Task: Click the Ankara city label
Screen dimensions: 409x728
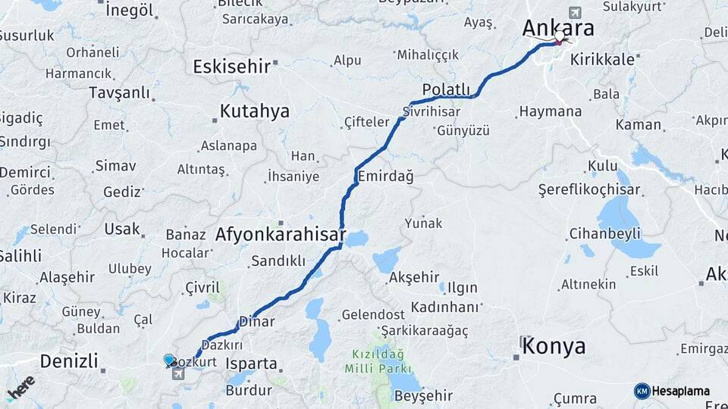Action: [557, 27]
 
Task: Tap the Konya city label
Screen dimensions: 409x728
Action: [554, 347]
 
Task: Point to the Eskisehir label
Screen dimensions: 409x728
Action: [231, 67]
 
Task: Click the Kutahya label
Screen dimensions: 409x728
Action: [255, 111]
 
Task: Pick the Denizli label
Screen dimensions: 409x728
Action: [69, 361]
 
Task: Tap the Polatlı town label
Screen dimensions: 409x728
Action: [447, 89]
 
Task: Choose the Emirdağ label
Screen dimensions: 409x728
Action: [385, 176]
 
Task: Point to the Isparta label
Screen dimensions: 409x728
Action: [251, 364]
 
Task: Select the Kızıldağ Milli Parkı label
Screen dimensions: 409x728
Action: [378, 361]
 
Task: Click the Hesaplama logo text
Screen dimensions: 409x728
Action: [682, 391]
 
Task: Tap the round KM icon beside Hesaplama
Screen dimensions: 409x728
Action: [642, 391]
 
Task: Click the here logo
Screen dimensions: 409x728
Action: [20, 387]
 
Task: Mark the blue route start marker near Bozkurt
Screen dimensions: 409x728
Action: [169, 360]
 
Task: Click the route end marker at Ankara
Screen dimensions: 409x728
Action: [560, 36]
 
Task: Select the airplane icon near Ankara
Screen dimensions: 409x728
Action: [575, 13]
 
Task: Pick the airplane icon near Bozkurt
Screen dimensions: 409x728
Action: [178, 373]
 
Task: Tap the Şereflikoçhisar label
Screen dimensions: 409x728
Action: [589, 189]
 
